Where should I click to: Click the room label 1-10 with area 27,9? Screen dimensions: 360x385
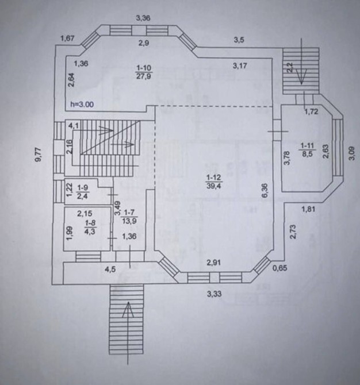(x=144, y=72)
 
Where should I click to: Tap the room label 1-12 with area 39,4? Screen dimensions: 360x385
(x=213, y=182)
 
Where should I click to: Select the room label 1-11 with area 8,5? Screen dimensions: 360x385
(x=307, y=149)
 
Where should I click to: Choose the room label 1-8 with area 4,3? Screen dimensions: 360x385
(x=90, y=227)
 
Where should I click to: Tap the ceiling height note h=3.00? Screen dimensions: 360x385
(x=82, y=104)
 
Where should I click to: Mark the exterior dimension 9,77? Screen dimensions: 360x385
(x=39, y=155)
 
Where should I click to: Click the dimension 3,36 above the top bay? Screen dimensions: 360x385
(x=143, y=18)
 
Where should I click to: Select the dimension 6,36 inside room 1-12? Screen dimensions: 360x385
(x=265, y=190)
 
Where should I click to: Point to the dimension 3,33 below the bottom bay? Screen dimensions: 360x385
(x=214, y=294)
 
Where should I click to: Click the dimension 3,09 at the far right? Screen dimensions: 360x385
(x=352, y=153)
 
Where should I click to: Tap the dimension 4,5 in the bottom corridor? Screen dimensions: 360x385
(x=110, y=269)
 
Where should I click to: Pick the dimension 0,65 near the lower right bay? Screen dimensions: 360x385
(x=280, y=268)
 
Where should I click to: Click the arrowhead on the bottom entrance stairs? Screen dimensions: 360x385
(x=128, y=309)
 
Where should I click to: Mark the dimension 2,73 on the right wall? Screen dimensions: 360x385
(x=293, y=232)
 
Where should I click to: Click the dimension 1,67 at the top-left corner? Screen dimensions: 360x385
(x=68, y=38)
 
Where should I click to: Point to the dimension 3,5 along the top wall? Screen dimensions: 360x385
(x=239, y=40)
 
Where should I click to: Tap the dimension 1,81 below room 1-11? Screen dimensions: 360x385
(x=308, y=209)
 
